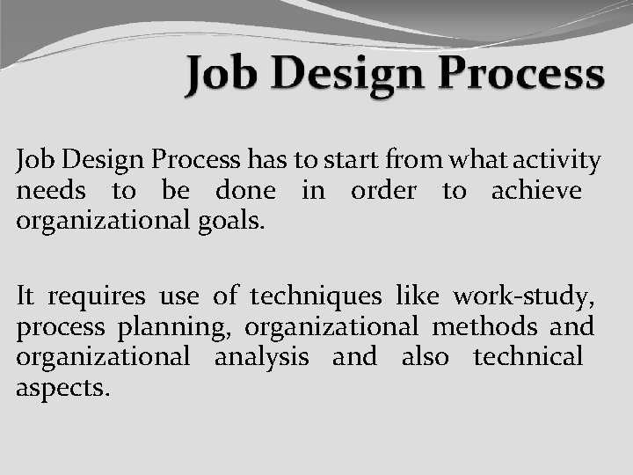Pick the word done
point(244,191)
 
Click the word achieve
point(536,191)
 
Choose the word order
point(383,191)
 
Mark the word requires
point(96,298)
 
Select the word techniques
point(316,298)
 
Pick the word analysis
point(261,357)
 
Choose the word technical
point(527,356)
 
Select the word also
point(425,356)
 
